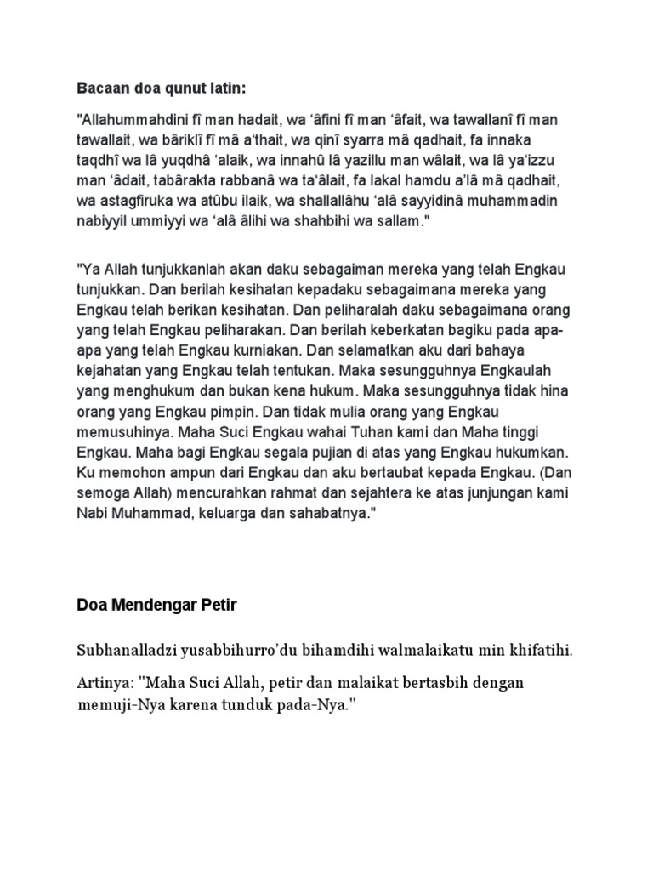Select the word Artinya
[x=100, y=684]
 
